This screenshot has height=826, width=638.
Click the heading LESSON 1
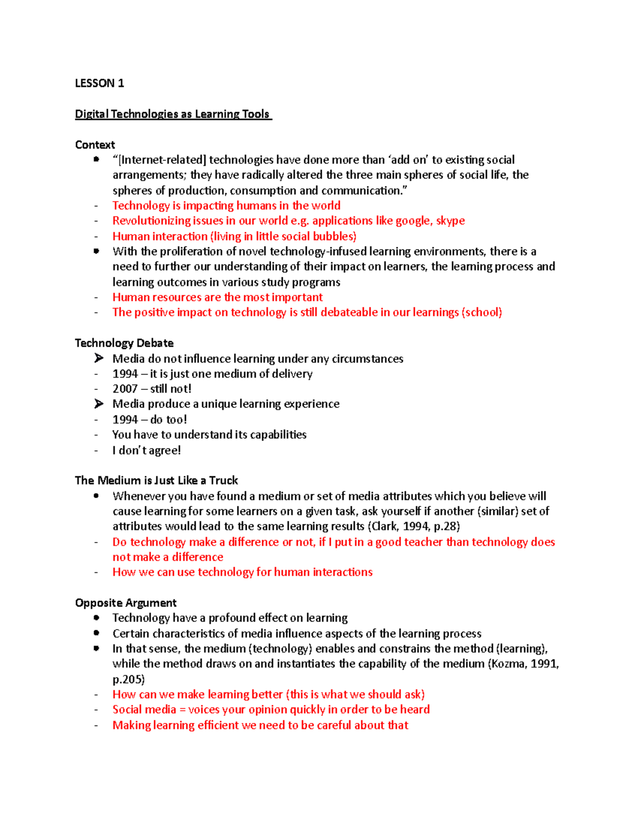click(x=99, y=83)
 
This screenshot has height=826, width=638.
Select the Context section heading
click(x=95, y=145)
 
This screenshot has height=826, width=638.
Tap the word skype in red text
click(x=450, y=221)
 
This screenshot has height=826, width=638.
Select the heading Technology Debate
click(x=124, y=343)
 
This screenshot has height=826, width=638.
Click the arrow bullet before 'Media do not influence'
click(x=98, y=358)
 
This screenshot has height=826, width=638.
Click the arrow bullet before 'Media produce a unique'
click(x=98, y=404)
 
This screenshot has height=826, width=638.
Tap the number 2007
click(x=125, y=389)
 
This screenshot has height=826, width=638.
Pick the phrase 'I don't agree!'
click(x=146, y=450)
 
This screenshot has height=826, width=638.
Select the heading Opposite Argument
click(x=125, y=603)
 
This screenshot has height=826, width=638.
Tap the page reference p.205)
click(x=128, y=679)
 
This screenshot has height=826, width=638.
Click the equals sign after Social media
click(x=182, y=710)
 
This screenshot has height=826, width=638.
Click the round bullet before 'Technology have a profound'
click(x=96, y=618)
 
